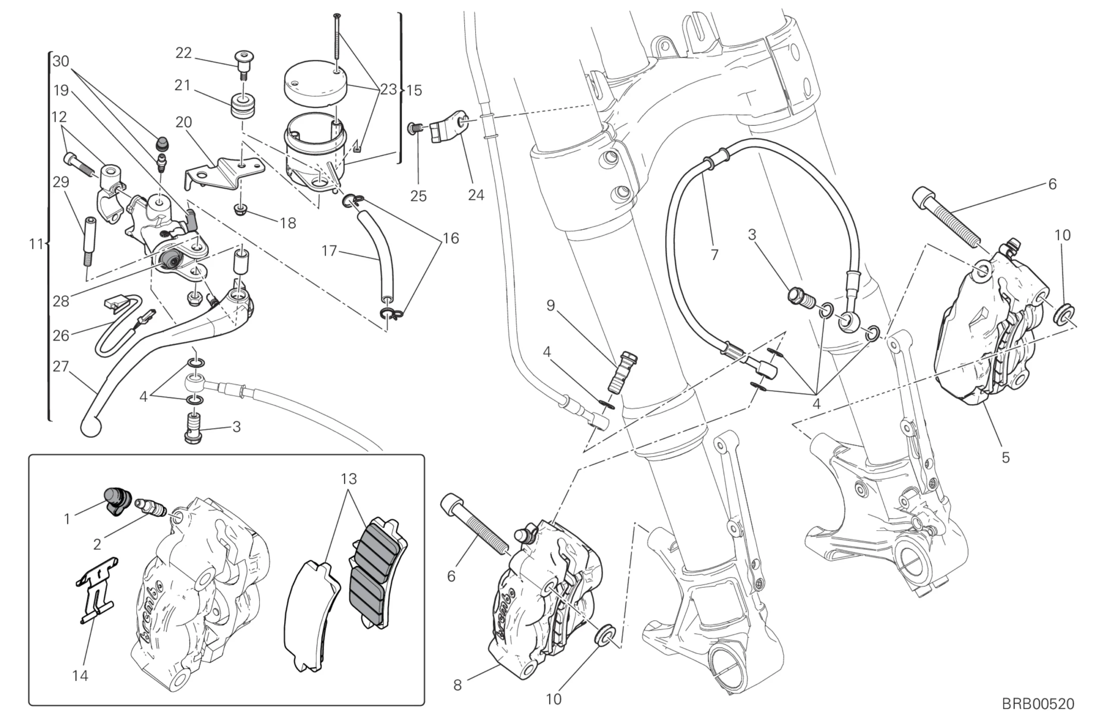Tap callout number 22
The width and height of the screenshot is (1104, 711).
tap(183, 53)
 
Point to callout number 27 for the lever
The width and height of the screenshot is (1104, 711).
tap(60, 367)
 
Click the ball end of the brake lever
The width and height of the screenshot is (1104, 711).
tap(91, 427)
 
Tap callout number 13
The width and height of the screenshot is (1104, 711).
tap(349, 479)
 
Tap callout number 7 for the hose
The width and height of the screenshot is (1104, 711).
tap(714, 255)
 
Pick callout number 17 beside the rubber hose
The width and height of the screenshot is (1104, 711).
tap(329, 251)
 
